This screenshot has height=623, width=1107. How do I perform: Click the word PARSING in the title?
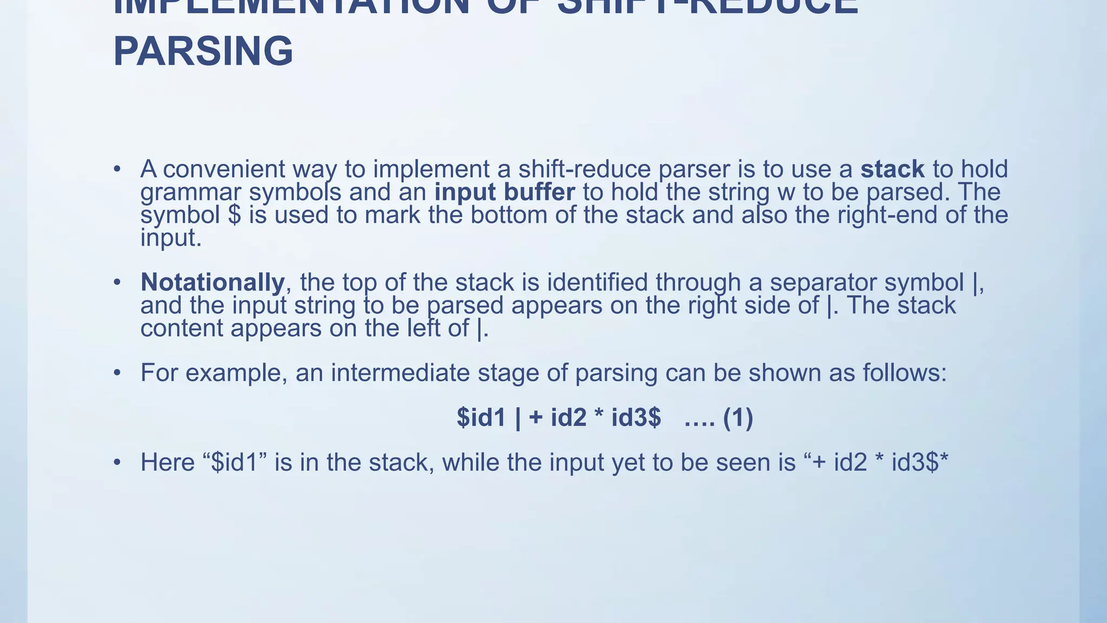[203, 51]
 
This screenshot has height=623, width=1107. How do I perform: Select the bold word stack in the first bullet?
[892, 169]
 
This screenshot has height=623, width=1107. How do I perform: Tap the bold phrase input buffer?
[505, 193]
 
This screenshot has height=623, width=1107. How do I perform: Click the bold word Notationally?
[212, 282]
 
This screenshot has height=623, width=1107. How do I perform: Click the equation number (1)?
[738, 417]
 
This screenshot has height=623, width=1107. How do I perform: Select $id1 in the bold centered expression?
[481, 417]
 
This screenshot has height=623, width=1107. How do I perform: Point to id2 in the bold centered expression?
[569, 417]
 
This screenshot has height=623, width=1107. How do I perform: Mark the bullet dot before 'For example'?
[117, 373]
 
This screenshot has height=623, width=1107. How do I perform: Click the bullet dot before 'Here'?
[117, 462]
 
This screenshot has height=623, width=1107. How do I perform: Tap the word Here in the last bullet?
[167, 462]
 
